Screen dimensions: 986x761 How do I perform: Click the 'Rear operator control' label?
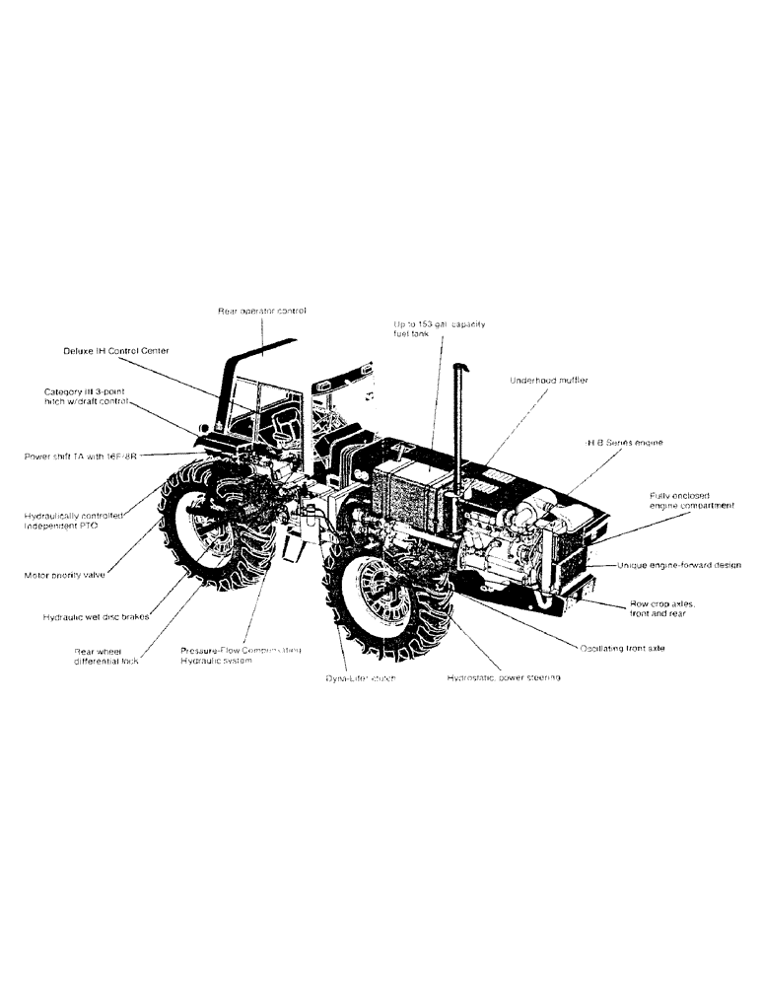(x=262, y=311)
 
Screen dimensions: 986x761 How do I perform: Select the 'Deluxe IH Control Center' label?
(x=116, y=350)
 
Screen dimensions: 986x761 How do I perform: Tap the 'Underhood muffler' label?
(x=548, y=381)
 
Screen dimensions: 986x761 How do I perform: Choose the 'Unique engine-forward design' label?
(x=681, y=566)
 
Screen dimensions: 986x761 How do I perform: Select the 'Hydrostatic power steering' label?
(x=504, y=678)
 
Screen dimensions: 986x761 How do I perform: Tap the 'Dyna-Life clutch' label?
(x=360, y=678)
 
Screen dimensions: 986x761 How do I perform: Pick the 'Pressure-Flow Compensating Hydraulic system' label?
(x=240, y=656)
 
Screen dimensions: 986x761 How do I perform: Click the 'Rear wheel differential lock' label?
(x=106, y=656)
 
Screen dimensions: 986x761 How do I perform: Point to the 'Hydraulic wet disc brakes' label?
(x=96, y=617)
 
